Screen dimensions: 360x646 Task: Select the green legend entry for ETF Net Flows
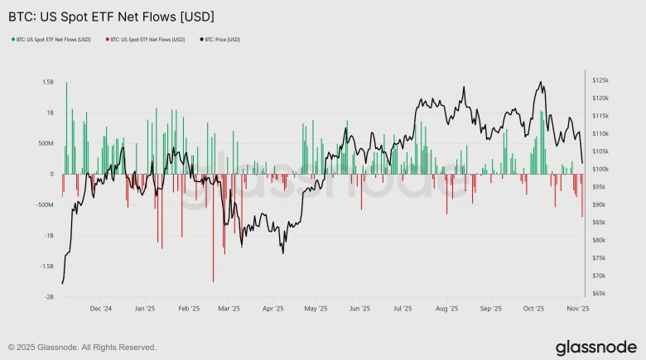(51, 39)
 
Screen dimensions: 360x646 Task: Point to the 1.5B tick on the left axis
(46, 82)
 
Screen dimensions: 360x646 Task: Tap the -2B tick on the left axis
(49, 296)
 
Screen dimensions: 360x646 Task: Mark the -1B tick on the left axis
(49, 235)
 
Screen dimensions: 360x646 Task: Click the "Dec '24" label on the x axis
(100, 309)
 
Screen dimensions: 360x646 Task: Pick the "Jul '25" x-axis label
(403, 309)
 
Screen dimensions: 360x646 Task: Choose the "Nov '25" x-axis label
(577, 309)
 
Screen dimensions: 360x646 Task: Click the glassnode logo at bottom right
(595, 346)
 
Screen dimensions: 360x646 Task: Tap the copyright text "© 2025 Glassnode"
(82, 347)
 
